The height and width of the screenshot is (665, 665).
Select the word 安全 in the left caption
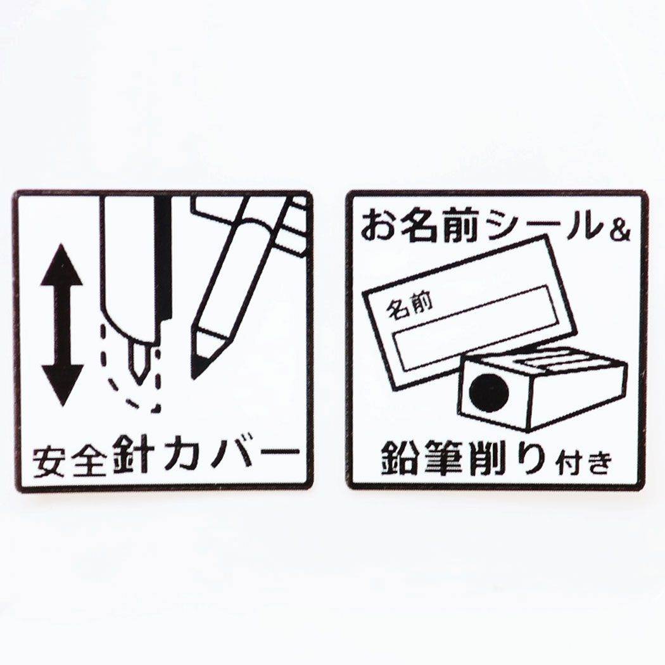(69, 460)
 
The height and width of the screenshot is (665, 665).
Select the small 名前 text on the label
(409, 307)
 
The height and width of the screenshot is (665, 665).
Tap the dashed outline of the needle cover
(129, 369)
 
